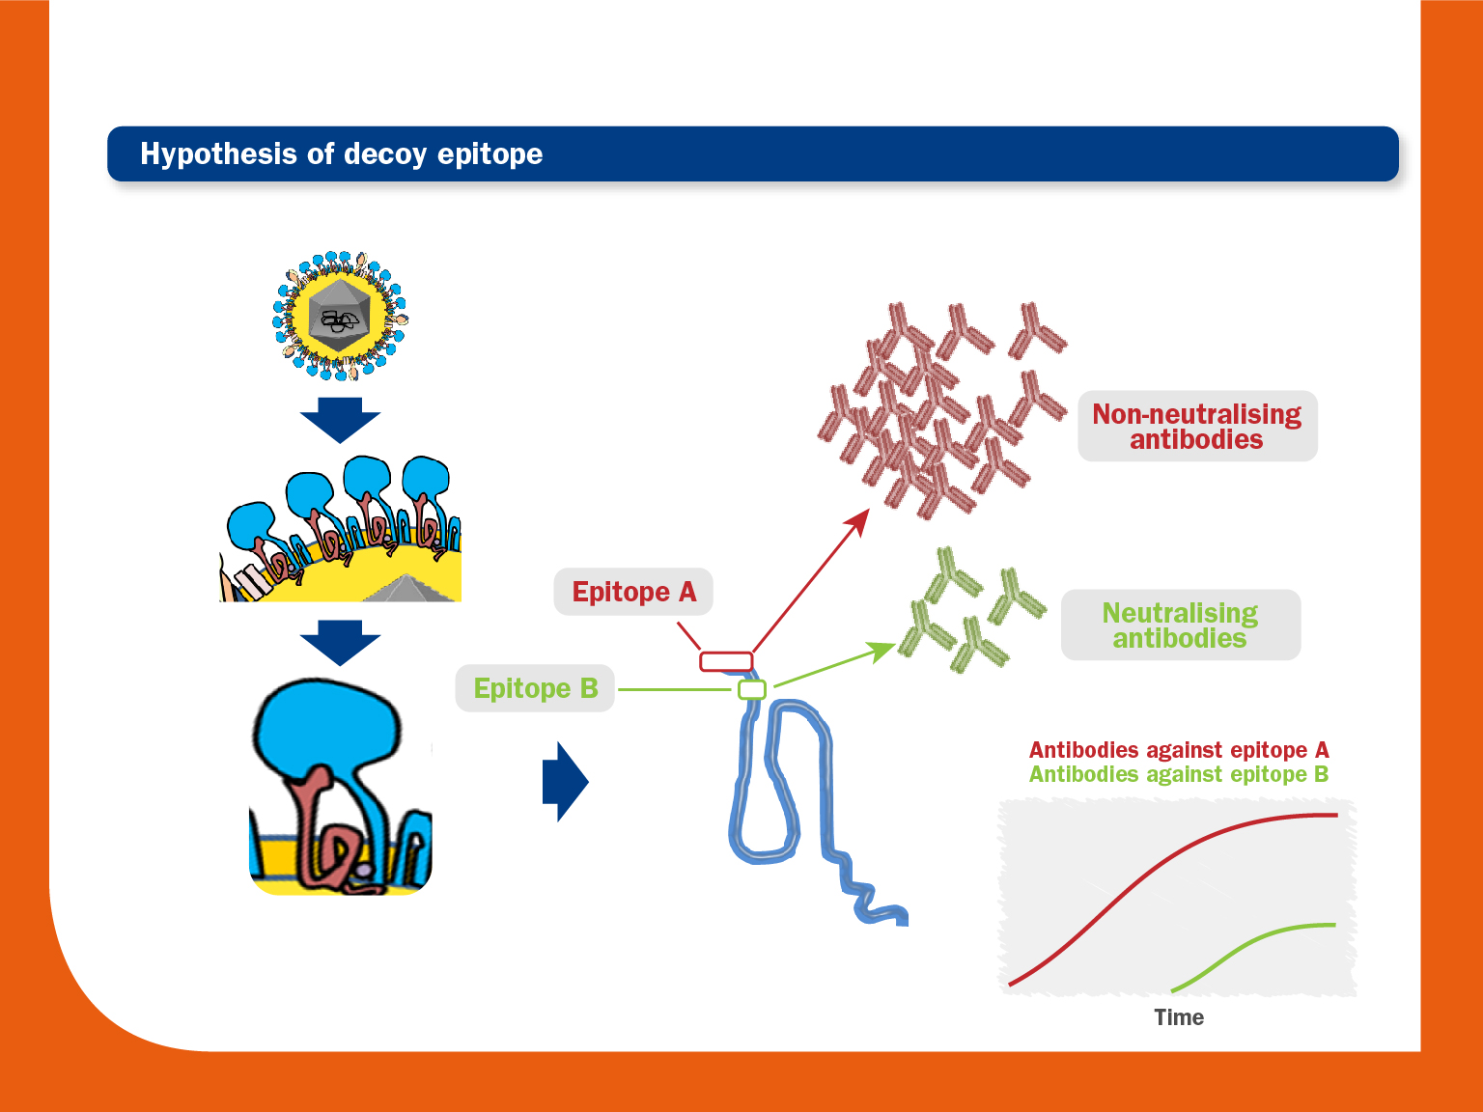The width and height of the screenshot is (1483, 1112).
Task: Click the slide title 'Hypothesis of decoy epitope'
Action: point(341,153)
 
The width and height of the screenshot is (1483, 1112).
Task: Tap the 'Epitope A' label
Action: point(633,592)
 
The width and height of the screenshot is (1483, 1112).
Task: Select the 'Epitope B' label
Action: point(535,688)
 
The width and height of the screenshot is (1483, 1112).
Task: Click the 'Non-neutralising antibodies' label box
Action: point(1197,426)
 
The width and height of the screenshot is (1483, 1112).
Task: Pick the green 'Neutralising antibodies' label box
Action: point(1181,625)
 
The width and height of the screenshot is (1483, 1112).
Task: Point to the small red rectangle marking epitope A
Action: point(726,661)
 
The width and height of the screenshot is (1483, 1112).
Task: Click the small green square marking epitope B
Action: point(752,689)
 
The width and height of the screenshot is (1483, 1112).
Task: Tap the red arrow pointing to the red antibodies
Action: point(811,581)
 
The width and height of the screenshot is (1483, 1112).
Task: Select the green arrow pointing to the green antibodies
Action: point(836,664)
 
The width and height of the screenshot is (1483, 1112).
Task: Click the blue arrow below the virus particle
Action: point(340,420)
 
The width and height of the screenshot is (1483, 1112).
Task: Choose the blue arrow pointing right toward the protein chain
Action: point(566,782)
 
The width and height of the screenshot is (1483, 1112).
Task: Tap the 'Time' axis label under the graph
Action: point(1179,1016)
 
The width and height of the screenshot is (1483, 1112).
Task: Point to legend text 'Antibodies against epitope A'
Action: point(1179,749)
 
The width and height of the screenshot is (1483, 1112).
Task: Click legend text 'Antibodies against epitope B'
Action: point(1179,774)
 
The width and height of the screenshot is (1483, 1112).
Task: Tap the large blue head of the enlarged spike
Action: point(327,726)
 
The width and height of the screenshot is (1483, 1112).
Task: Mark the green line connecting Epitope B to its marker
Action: point(678,689)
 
